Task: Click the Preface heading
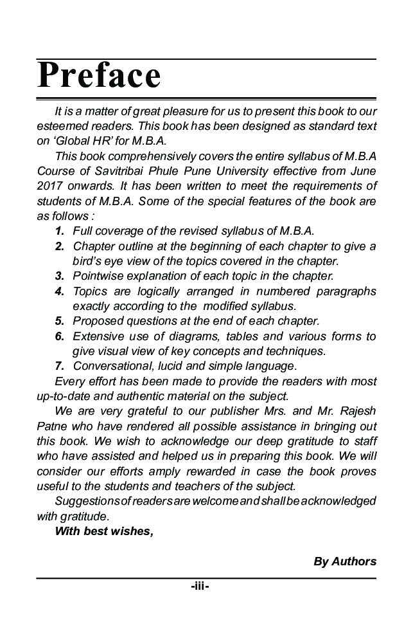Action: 99,75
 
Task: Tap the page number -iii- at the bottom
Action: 200,587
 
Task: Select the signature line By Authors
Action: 344,561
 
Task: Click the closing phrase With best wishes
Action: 104,531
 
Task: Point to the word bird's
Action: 89,261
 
